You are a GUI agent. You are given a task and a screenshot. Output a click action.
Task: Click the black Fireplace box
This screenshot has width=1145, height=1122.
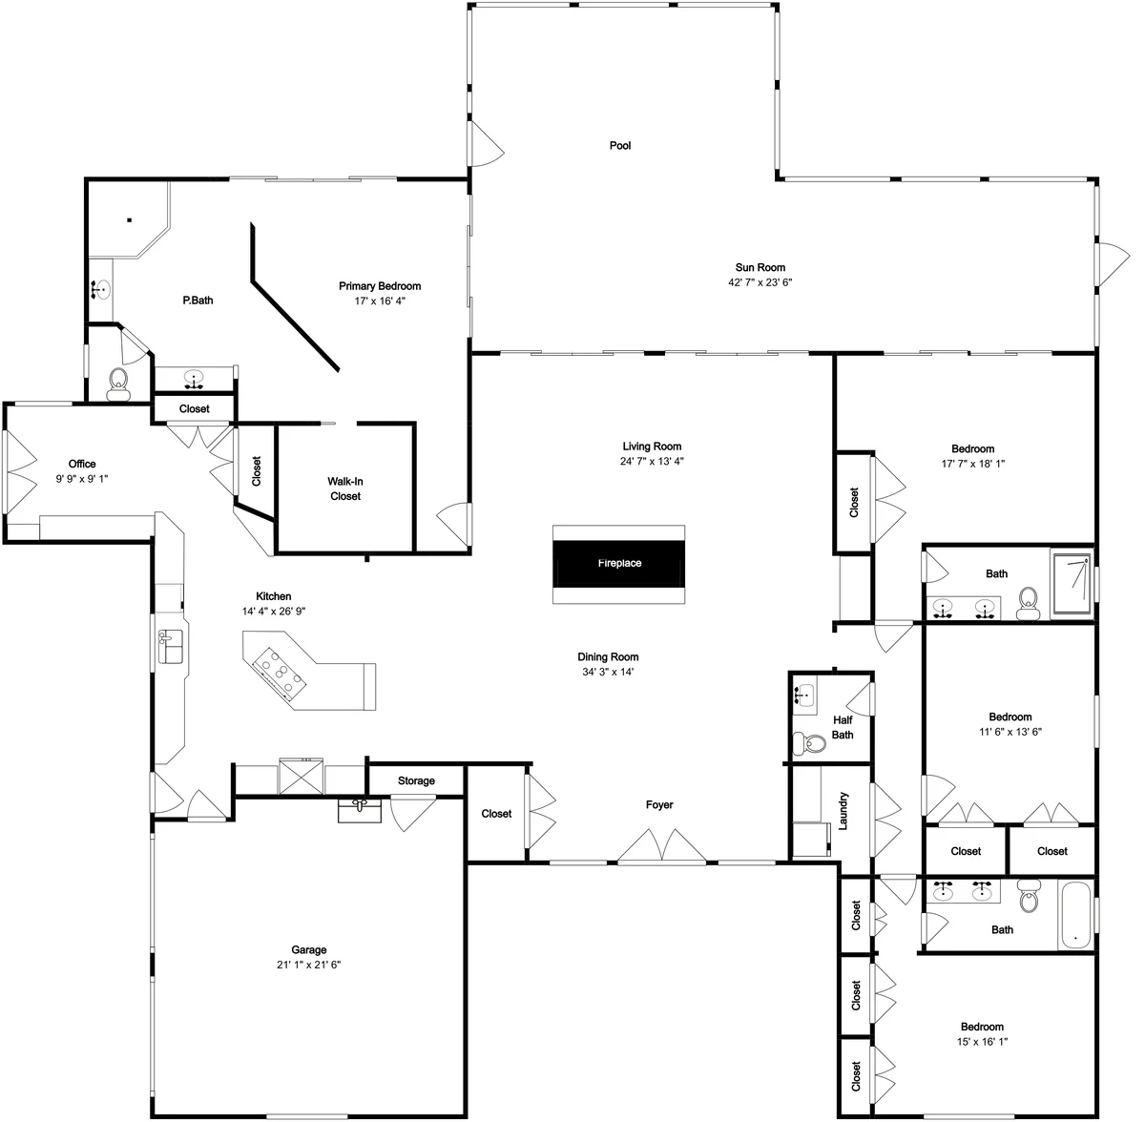pos(618,563)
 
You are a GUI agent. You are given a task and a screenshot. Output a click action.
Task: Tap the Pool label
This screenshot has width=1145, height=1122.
pos(620,146)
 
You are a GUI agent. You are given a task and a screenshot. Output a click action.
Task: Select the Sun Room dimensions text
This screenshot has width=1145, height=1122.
pos(760,282)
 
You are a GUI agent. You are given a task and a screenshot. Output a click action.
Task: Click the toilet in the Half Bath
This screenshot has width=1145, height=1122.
pos(809,743)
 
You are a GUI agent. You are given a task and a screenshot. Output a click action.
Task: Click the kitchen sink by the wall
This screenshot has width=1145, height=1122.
pos(171,647)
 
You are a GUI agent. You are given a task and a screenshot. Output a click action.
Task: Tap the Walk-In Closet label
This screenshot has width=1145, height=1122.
pos(345,488)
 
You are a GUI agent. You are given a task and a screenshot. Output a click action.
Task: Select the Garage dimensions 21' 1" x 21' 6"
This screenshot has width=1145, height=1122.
pos(308,965)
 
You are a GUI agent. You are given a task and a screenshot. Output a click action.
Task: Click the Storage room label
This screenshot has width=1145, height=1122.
pos(416,780)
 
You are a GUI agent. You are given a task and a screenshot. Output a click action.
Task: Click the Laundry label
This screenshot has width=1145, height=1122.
pos(843,811)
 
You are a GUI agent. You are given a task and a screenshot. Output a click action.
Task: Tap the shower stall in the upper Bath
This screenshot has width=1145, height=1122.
pos(1072,585)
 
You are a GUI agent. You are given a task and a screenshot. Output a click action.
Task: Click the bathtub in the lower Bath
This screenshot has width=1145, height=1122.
pos(1075,916)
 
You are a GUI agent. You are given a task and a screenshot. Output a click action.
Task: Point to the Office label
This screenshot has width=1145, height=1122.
pos(82,464)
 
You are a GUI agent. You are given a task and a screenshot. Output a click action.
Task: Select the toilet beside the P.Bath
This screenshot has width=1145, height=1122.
pos(118,384)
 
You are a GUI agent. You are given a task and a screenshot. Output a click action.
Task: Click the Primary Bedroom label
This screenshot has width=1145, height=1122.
pos(380,286)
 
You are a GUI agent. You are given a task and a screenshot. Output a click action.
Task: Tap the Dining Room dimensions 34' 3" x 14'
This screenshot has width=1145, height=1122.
pos(608,672)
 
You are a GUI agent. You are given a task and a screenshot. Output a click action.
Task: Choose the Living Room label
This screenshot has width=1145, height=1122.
pos(652,447)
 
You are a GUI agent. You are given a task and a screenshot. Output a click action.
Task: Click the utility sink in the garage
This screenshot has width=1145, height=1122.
pos(360,811)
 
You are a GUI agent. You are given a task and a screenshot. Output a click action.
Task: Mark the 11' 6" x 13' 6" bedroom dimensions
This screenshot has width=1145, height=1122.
pos(1010,732)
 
